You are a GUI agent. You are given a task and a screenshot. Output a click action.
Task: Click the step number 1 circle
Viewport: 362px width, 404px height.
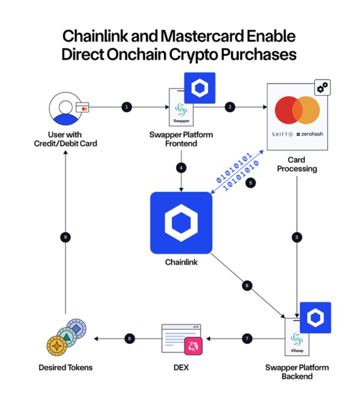126,107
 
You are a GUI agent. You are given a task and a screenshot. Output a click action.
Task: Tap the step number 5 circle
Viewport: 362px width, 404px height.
250,183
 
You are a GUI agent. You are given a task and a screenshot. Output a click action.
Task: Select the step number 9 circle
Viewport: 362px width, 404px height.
66,237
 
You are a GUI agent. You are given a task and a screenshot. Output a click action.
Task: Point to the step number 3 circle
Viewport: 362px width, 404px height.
297,237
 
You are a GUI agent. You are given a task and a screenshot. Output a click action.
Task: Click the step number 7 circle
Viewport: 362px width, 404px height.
247,339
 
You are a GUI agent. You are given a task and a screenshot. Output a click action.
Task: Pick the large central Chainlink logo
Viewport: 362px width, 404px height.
181,222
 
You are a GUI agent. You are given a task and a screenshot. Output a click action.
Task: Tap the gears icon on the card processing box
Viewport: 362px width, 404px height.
322,88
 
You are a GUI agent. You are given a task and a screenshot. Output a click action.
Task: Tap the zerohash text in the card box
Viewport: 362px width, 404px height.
310,134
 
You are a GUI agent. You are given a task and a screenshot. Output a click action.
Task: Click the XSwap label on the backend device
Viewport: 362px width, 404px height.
297,350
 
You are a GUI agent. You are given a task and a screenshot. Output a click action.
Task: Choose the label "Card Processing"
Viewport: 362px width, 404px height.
297,164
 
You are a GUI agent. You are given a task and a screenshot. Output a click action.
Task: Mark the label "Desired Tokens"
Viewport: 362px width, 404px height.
65,367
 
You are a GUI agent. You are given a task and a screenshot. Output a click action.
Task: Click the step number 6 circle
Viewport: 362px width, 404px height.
246,285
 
